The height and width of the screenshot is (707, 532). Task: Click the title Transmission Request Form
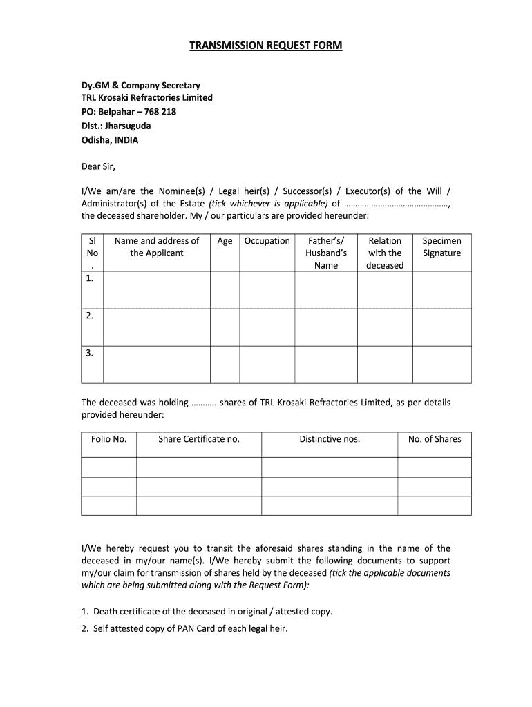click(x=266, y=46)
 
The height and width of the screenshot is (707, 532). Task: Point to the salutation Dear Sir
click(x=98, y=166)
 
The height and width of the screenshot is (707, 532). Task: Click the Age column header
click(x=225, y=241)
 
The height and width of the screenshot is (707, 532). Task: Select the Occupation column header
click(x=267, y=241)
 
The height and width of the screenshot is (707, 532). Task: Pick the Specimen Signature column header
click(x=441, y=246)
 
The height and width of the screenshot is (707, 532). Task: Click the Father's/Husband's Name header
click(x=325, y=253)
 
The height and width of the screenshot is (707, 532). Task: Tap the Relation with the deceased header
click(x=385, y=253)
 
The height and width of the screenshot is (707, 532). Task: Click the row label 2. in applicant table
click(x=90, y=316)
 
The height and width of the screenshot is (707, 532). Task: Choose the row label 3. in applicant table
click(x=90, y=353)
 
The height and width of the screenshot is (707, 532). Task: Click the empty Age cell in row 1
click(x=225, y=289)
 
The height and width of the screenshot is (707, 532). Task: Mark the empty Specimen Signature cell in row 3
click(x=441, y=364)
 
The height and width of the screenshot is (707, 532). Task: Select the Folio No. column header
click(x=108, y=439)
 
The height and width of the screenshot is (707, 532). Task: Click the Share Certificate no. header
click(x=199, y=439)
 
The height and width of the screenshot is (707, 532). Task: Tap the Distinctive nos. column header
click(x=330, y=439)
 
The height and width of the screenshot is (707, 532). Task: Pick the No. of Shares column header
click(x=435, y=439)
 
